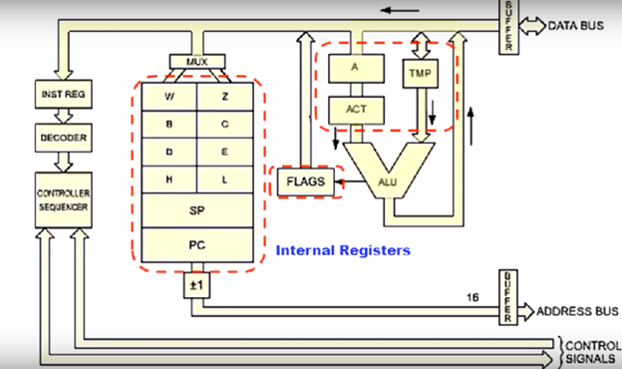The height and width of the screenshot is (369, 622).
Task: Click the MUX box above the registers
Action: click(197, 62)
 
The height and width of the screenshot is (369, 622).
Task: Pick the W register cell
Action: click(168, 98)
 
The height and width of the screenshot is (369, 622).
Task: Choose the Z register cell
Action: click(226, 98)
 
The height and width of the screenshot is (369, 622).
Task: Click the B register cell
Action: click(168, 125)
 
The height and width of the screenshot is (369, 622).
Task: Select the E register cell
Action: click(226, 152)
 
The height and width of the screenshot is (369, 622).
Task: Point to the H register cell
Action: click(168, 180)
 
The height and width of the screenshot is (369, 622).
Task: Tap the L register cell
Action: click(226, 180)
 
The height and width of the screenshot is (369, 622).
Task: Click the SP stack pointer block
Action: click(197, 212)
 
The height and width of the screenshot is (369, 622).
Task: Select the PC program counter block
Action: click(197, 243)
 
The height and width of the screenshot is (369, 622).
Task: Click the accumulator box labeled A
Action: click(356, 68)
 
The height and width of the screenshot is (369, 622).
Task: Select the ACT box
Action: click(356, 109)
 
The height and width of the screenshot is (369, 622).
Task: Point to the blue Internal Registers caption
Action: click(342, 251)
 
